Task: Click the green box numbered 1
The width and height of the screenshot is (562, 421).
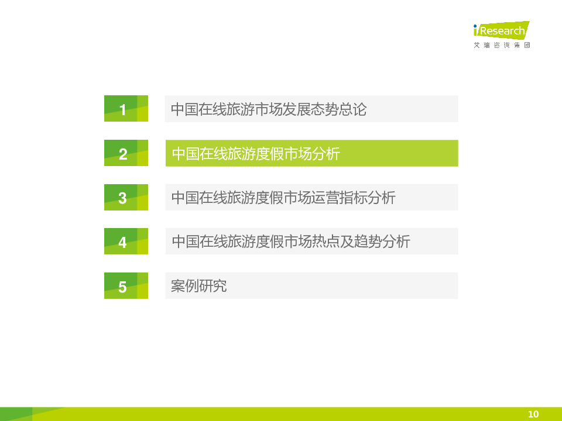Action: click(126, 109)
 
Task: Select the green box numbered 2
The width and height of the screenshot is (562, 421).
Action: click(126, 153)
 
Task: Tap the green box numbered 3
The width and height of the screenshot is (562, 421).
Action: click(126, 197)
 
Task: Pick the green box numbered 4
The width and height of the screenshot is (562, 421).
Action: click(126, 241)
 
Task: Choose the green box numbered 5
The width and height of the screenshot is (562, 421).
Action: click(126, 286)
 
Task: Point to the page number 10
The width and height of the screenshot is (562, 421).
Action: click(533, 414)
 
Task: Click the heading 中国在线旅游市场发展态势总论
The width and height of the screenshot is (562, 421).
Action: click(269, 109)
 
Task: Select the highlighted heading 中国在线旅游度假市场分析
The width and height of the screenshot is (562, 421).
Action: click(256, 154)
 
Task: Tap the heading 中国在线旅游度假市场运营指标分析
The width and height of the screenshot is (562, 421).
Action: click(283, 198)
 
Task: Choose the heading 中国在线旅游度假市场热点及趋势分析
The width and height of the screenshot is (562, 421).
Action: click(291, 241)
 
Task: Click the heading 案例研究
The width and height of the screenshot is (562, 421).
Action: click(199, 286)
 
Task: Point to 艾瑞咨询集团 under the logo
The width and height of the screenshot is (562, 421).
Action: click(502, 45)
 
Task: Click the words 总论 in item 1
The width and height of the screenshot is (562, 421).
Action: click(353, 109)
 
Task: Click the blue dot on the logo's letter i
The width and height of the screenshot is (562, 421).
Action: click(475, 26)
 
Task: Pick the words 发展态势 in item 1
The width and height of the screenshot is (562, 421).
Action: click(311, 109)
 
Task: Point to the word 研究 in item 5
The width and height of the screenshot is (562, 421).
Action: click(213, 286)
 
